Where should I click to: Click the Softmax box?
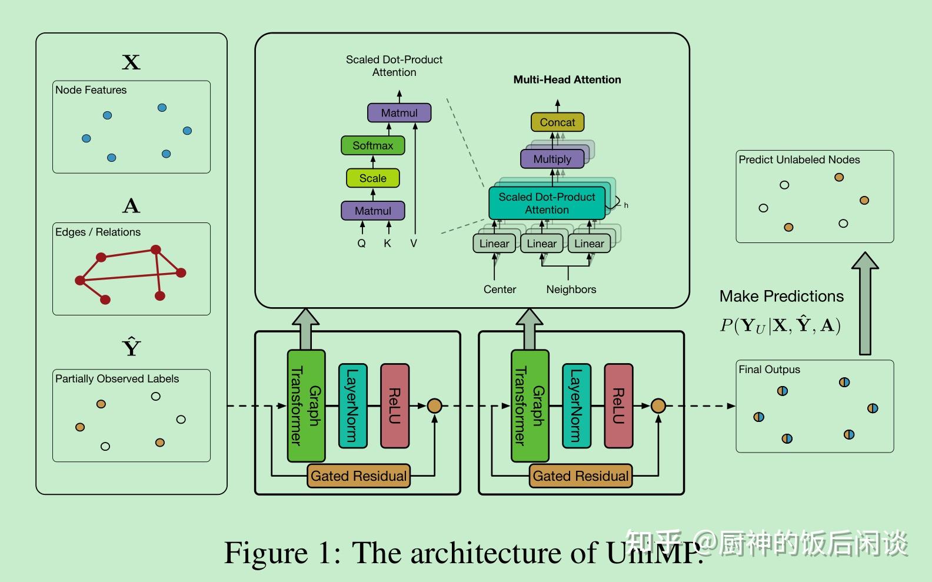point(372,145)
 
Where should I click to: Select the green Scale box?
point(372,178)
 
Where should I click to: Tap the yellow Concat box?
point(557,122)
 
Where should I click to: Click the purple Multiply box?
point(552,159)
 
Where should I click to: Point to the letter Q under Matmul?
point(361,243)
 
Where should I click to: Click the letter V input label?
point(414,243)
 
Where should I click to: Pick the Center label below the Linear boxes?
point(500,290)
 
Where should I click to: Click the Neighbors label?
point(571,290)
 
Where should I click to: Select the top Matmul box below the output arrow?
point(399,113)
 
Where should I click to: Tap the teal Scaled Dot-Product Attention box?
point(547,203)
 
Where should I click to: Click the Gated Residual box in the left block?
point(358,475)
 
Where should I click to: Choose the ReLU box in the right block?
point(618,406)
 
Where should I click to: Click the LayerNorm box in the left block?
point(352,406)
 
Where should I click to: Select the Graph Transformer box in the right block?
point(530,406)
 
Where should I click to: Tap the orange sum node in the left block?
point(434,405)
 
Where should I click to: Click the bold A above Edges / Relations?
point(131,206)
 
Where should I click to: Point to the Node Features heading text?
point(91,90)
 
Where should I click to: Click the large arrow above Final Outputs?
point(864,303)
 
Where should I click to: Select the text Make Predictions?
point(781,296)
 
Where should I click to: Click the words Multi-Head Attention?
point(567,79)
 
